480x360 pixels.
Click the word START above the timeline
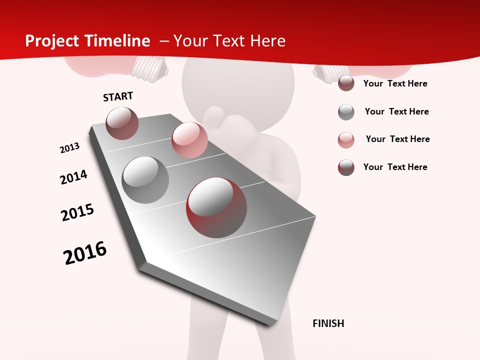click(x=118, y=96)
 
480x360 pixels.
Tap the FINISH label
click(x=328, y=323)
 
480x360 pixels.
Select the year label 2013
click(x=70, y=147)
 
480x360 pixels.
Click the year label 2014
click(x=73, y=177)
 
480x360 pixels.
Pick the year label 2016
click(x=85, y=253)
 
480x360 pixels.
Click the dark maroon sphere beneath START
click(x=122, y=123)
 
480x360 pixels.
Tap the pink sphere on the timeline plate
click(x=189, y=139)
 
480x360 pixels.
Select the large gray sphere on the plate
click(x=145, y=179)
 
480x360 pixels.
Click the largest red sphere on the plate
click(x=216, y=207)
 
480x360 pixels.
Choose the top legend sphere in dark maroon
click(x=346, y=83)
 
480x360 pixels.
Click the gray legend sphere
click(x=346, y=112)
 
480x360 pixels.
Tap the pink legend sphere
click(x=346, y=140)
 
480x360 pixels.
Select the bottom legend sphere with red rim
click(x=346, y=167)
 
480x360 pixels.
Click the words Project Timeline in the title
click(x=87, y=41)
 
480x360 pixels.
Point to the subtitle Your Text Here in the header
click(x=229, y=41)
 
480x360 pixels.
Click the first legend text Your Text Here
click(x=395, y=83)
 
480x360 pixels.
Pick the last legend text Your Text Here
click(x=395, y=167)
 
